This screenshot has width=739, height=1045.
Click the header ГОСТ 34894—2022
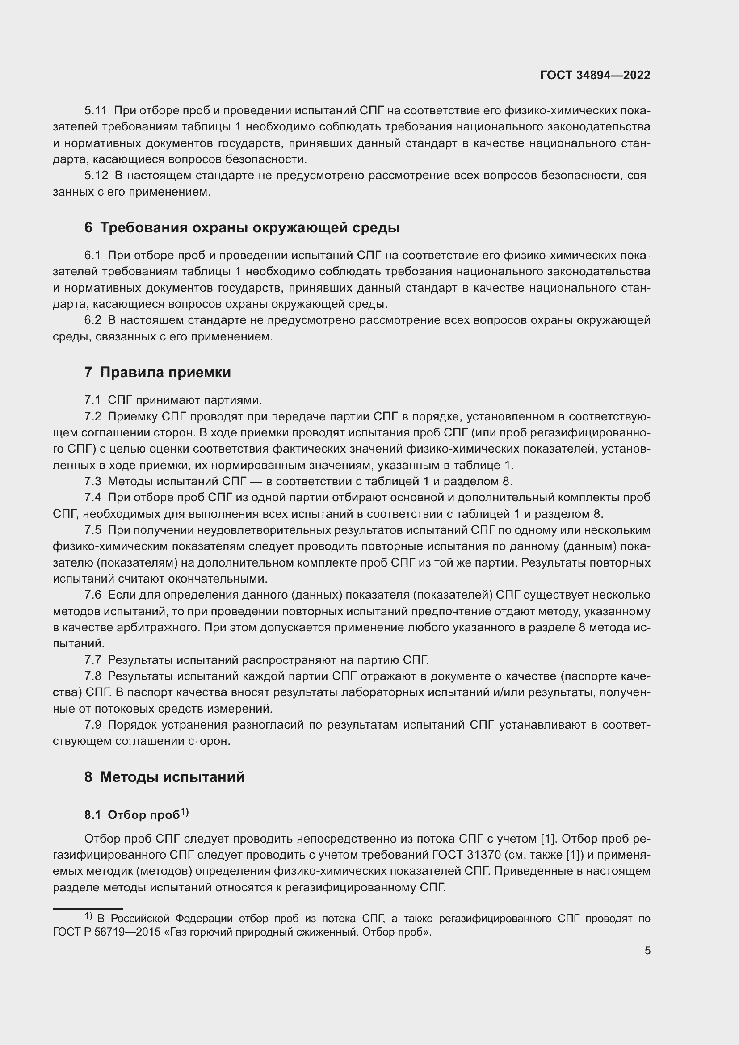click(595, 75)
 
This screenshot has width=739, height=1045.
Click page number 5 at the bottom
click(647, 950)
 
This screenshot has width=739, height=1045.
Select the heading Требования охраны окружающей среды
click(249, 227)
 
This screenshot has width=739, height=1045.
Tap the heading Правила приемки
click(165, 372)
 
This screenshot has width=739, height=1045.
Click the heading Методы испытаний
click(172, 776)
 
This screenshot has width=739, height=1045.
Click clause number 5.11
click(96, 111)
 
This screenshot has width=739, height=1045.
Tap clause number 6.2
click(92, 320)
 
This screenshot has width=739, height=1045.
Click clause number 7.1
click(92, 400)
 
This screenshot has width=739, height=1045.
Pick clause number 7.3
click(92, 481)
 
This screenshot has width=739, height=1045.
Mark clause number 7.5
click(92, 530)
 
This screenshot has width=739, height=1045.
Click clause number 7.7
click(92, 659)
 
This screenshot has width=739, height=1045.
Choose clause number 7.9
click(92, 725)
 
